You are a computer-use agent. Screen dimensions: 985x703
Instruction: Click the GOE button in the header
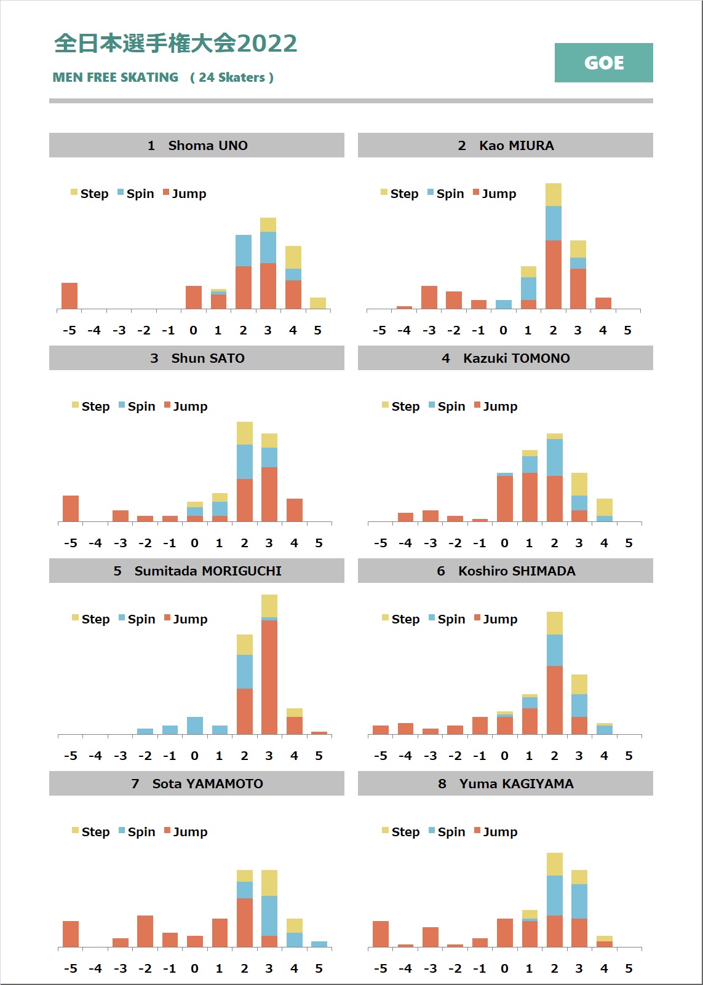coord(603,63)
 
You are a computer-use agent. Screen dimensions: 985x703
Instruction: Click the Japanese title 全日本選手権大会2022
coord(176,44)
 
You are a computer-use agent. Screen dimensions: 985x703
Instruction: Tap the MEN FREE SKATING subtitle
coord(116,77)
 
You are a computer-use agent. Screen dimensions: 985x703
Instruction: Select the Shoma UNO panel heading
coord(197,146)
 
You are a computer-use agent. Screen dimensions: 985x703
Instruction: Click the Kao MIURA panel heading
coord(506,146)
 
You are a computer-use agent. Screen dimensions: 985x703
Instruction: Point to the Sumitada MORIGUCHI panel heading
coord(197,571)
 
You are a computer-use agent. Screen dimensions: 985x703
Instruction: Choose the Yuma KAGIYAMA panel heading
coord(506,784)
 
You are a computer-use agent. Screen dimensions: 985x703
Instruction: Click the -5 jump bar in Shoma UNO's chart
coord(70,296)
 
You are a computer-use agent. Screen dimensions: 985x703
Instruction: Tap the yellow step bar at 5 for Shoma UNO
coord(318,303)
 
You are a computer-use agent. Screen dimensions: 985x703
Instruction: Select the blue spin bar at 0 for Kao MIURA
coord(504,304)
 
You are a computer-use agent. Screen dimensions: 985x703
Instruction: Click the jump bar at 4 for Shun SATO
coord(295,510)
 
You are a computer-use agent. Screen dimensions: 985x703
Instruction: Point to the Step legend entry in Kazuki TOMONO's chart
coord(400,406)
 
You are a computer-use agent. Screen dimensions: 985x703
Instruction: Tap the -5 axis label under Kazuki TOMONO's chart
coord(381,543)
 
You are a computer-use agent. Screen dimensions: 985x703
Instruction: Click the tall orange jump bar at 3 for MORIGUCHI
coord(269,676)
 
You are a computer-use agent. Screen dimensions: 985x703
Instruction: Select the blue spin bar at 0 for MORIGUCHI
coord(195,726)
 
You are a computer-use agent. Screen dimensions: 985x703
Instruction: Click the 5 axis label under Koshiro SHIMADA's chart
coord(629,756)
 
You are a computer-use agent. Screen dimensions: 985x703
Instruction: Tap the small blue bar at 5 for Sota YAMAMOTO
coord(319,944)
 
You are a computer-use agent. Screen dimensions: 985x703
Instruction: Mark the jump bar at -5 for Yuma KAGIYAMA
coord(381,934)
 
